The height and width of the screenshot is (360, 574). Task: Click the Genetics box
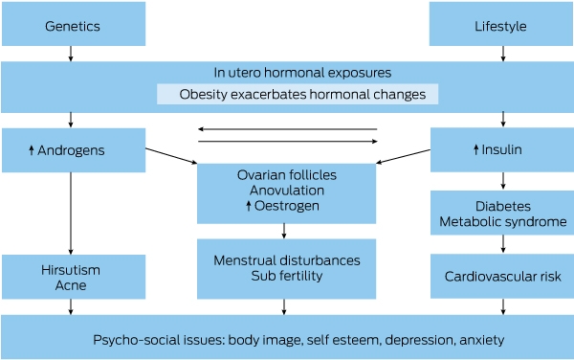tap(74, 24)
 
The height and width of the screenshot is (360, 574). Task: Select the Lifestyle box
tap(501, 24)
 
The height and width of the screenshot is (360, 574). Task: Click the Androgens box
tap(74, 150)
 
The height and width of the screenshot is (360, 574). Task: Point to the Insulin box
tap(502, 149)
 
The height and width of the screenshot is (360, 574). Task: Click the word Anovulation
tap(287, 191)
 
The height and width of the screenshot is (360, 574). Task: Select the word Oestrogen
tap(287, 206)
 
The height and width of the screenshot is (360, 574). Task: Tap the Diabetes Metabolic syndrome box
tap(502, 213)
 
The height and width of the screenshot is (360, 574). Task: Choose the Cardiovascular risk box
tap(502, 276)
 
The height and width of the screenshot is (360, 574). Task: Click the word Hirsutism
tap(71, 270)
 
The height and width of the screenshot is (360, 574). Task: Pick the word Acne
tap(71, 285)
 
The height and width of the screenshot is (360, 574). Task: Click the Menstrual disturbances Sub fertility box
tap(287, 269)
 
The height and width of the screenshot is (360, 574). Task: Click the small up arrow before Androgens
tap(32, 149)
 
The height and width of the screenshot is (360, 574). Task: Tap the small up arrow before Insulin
tap(475, 149)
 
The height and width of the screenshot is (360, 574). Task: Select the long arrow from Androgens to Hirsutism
tap(71, 214)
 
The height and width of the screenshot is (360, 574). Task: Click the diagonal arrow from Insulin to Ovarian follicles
tap(404, 156)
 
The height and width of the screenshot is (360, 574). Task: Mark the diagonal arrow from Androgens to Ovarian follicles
tap(171, 156)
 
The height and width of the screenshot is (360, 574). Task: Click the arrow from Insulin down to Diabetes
tap(503, 181)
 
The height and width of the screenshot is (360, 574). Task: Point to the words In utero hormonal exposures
tap(302, 73)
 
